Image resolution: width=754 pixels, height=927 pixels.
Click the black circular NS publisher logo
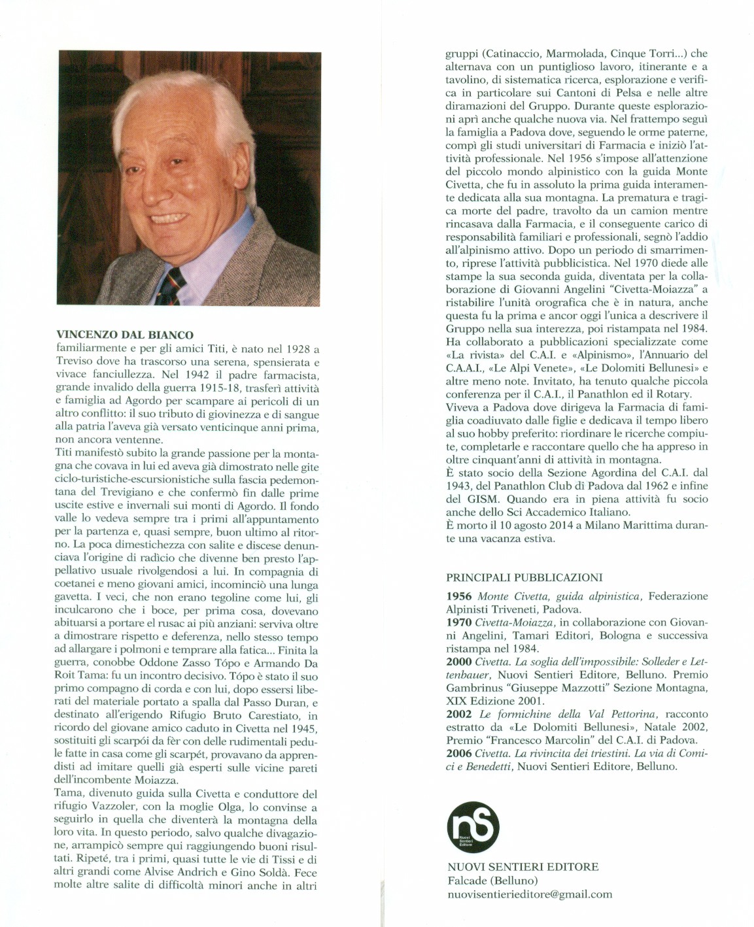[x=472, y=827]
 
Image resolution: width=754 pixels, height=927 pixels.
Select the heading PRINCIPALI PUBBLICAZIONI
[x=524, y=577]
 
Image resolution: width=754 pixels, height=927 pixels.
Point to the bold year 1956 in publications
[x=459, y=596]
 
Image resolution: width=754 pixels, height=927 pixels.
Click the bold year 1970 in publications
[x=459, y=622]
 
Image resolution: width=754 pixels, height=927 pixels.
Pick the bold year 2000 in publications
[x=459, y=662]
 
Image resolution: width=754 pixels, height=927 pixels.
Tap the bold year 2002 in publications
[x=459, y=714]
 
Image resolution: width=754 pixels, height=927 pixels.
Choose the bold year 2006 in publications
[x=459, y=753]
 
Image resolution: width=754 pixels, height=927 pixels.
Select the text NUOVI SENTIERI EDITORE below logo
[x=522, y=867]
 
